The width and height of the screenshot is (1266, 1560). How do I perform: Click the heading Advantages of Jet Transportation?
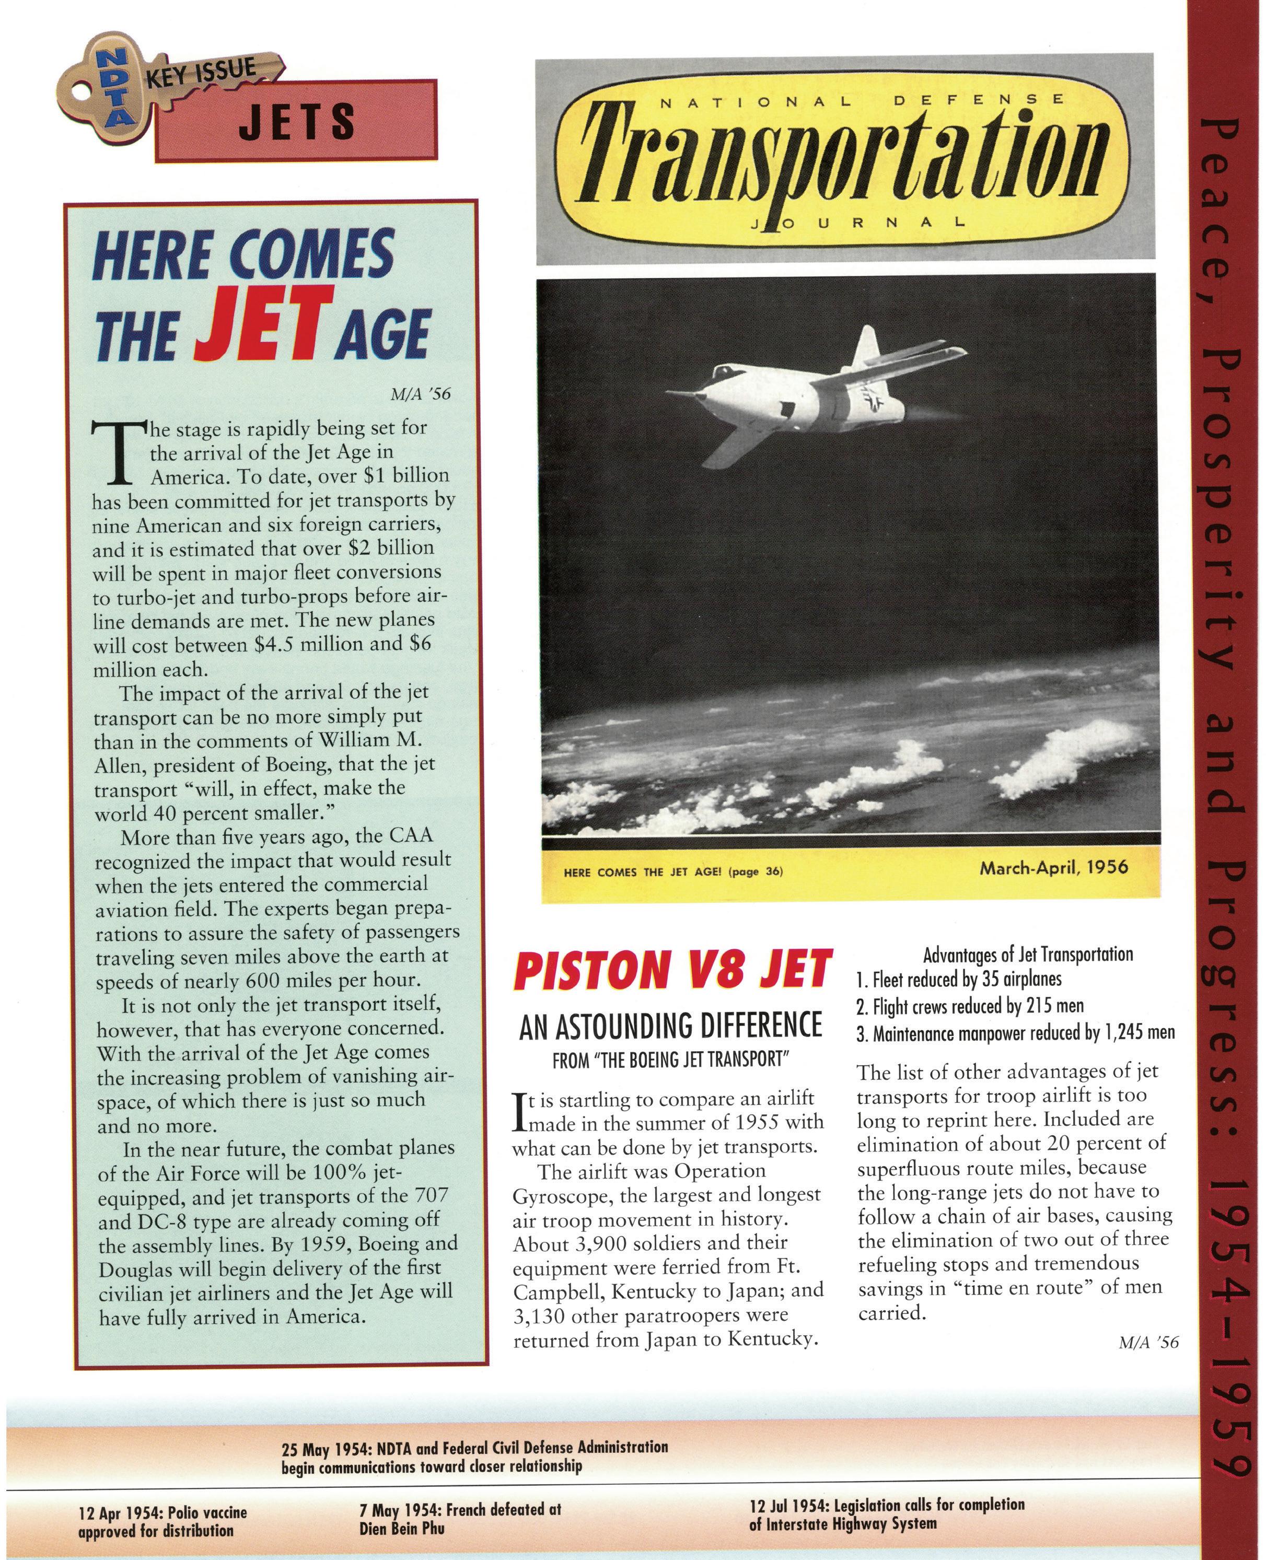[1028, 954]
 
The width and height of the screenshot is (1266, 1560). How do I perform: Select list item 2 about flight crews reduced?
[970, 1006]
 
